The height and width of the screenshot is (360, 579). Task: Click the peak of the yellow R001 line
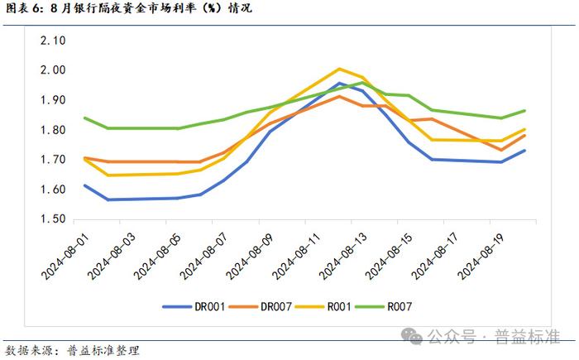(339, 69)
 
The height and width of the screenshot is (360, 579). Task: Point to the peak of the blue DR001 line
(339, 83)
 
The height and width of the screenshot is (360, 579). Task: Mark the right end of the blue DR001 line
(524, 151)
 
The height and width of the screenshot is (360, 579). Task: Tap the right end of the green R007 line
(524, 111)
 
